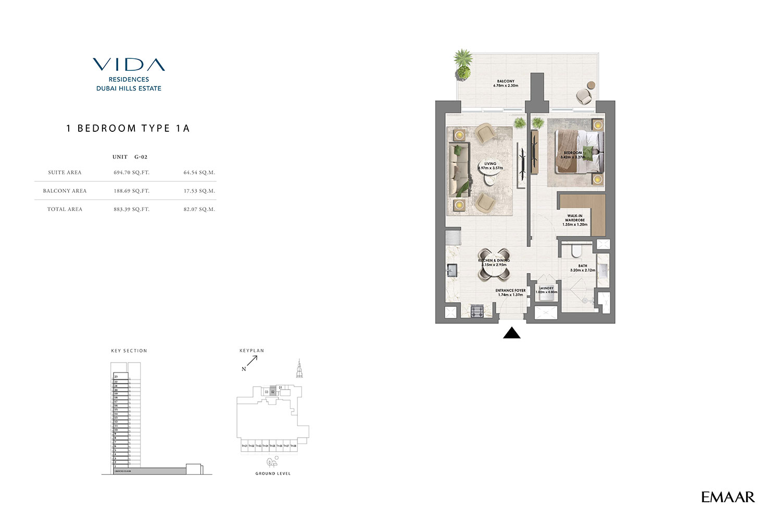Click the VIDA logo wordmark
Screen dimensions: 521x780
pos(129,65)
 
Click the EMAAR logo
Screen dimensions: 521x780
pos(727,497)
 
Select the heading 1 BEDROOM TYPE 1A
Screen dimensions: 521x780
pos(128,128)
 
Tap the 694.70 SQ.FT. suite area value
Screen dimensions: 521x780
pos(131,172)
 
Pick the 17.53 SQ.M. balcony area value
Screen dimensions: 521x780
pos(199,191)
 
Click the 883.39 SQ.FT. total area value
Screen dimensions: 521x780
pos(131,209)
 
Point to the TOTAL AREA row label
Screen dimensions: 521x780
pos(65,209)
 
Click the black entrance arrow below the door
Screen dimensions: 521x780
pos(512,333)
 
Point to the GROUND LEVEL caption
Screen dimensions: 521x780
pos(273,474)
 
